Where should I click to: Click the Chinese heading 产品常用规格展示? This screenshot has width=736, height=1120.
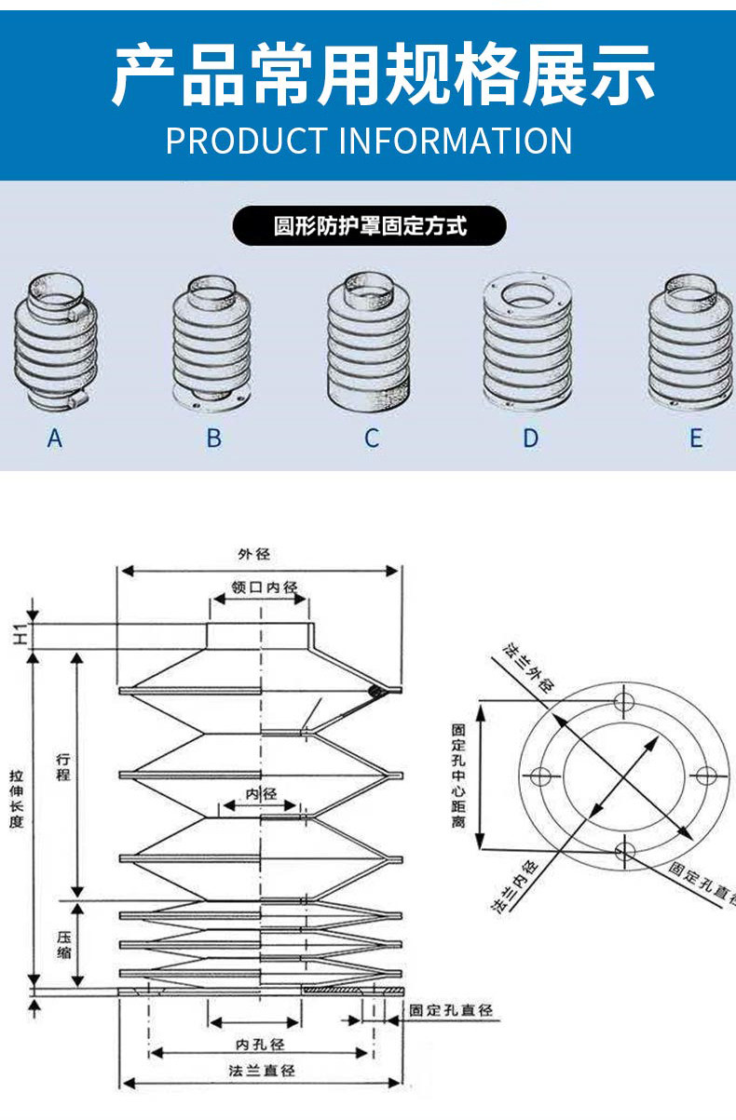click(x=383, y=74)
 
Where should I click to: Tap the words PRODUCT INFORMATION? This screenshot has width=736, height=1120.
click(x=369, y=141)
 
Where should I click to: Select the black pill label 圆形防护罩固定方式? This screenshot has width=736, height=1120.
click(x=370, y=226)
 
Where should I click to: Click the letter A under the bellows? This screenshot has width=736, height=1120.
click(x=55, y=438)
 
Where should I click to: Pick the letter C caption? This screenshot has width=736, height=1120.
click(x=372, y=438)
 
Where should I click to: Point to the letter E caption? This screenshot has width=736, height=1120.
click(x=696, y=438)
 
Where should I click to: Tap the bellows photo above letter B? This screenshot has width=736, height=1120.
click(x=211, y=344)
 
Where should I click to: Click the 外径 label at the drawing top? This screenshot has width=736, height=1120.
click(x=253, y=554)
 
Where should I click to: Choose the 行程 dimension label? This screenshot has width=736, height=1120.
click(x=62, y=765)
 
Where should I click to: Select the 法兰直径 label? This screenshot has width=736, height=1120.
click(x=262, y=1071)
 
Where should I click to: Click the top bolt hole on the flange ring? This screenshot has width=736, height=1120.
click(x=624, y=700)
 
